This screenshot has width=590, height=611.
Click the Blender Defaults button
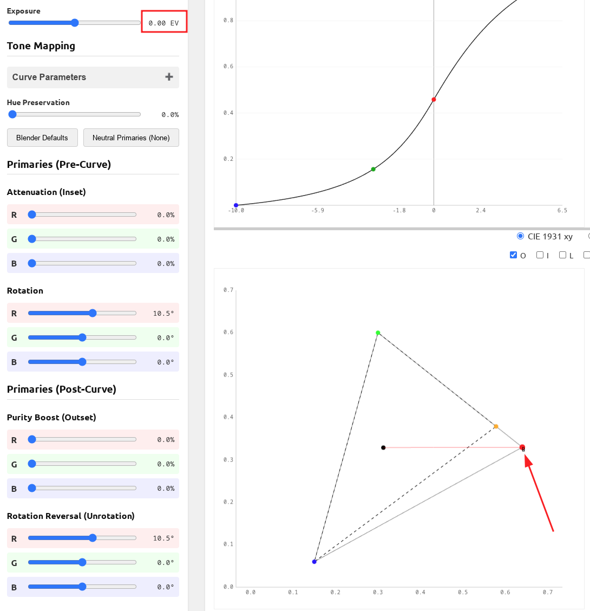[x=42, y=138]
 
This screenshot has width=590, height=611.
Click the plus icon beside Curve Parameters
[x=169, y=77]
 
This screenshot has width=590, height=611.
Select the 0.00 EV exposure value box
[x=163, y=23]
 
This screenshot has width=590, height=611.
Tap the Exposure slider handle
[x=75, y=23]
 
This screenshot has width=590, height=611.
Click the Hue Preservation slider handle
[x=12, y=114]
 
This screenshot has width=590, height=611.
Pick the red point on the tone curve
[x=434, y=100]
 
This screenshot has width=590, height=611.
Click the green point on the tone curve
[x=373, y=169]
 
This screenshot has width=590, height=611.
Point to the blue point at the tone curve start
[x=236, y=205]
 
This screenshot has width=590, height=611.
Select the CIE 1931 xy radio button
[x=521, y=236]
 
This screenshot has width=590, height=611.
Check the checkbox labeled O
[x=514, y=255]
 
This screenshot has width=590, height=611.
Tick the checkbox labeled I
[x=540, y=255]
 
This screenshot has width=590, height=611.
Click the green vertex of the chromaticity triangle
[x=378, y=333]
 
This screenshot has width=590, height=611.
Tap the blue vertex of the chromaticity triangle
[x=314, y=562]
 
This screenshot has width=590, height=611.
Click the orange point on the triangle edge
[x=496, y=426]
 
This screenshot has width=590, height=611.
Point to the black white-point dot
[x=383, y=447]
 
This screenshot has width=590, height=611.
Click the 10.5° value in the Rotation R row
[x=163, y=313]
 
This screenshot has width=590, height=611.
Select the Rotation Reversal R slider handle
[x=93, y=538]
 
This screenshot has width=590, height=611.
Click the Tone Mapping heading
[x=41, y=46]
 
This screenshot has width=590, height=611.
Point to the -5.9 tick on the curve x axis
[x=318, y=211]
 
